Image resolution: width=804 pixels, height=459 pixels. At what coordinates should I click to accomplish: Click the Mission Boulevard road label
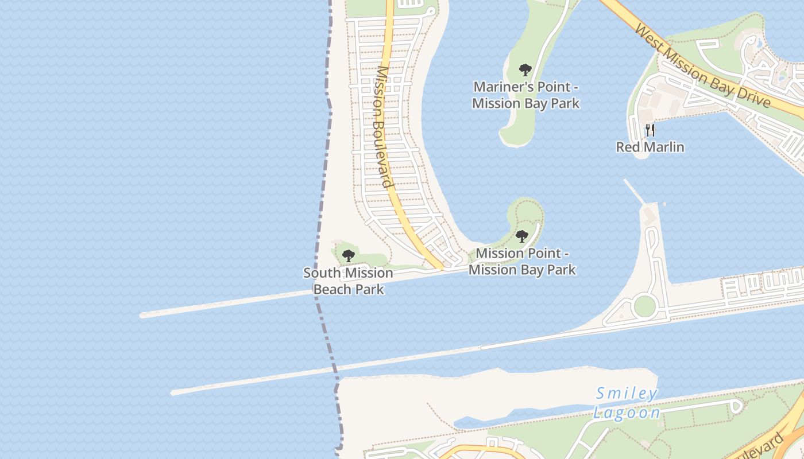[x=383, y=127]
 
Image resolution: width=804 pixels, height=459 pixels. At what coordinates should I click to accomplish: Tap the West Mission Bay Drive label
[x=702, y=66]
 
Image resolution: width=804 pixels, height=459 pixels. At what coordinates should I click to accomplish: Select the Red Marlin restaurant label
[x=650, y=147]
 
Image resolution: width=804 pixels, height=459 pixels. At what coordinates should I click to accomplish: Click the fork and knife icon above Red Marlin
[x=650, y=130]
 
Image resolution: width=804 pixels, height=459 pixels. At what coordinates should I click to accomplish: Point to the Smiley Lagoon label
[x=627, y=403]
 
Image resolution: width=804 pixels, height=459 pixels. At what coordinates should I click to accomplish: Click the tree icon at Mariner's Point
[x=525, y=71]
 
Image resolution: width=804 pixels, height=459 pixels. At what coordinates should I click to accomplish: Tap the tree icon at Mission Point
[x=522, y=236]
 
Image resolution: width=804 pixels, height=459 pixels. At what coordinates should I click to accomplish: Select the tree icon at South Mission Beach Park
[x=348, y=256]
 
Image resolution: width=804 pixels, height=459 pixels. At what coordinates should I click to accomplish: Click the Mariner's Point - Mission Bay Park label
[x=525, y=95]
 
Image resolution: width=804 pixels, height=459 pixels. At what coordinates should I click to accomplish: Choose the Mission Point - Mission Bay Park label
[x=522, y=261]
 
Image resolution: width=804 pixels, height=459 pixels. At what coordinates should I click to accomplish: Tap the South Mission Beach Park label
[x=348, y=281]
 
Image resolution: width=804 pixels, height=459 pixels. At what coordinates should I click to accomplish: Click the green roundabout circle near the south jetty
[x=644, y=306]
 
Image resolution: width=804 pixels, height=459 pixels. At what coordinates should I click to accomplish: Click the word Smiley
[x=627, y=394]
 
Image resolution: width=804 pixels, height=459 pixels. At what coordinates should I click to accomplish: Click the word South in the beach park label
[x=320, y=273]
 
